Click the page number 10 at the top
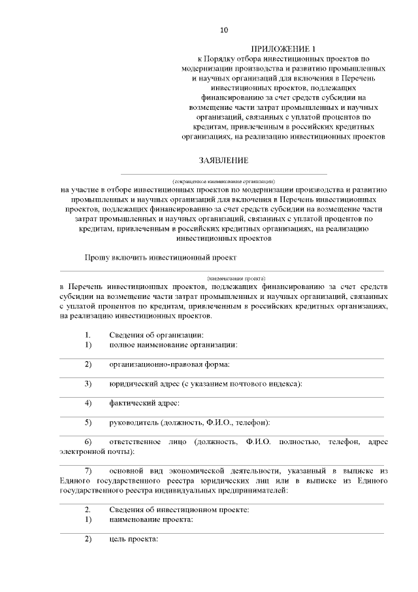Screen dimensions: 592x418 (x=224, y=30)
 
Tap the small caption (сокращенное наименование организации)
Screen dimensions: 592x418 (x=223, y=180)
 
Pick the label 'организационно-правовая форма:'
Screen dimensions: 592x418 (x=170, y=364)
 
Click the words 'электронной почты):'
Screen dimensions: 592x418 (x=97, y=451)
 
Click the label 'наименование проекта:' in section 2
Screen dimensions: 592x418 (x=151, y=519)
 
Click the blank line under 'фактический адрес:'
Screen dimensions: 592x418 (x=222, y=416)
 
